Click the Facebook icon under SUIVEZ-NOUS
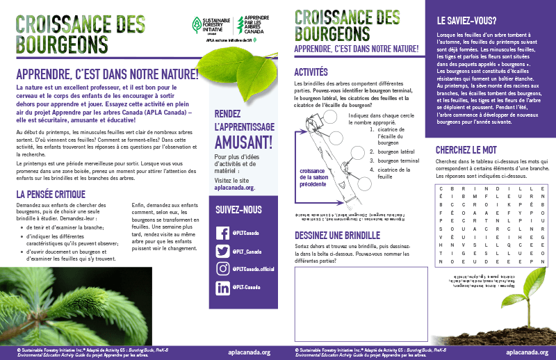pos(223,234)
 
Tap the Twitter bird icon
pos(223,252)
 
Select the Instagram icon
pos(223,269)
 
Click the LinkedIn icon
pos(223,287)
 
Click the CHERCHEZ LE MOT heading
pos(473,149)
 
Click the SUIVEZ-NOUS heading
pos(239,208)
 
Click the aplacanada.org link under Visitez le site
pos(235,188)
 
